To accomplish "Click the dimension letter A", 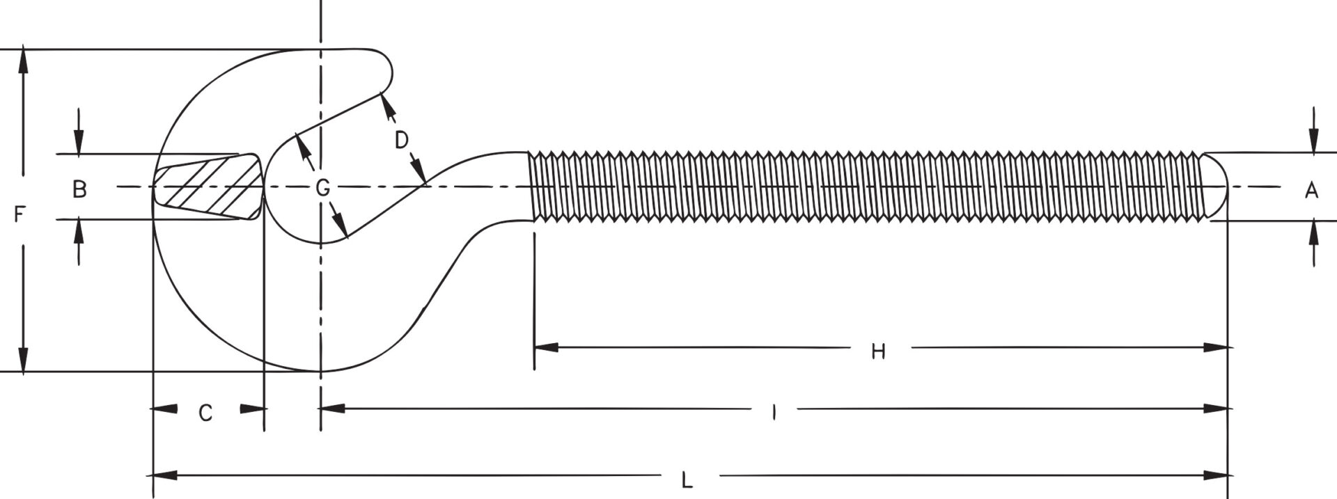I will [x=1311, y=189].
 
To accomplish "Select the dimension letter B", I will [x=80, y=189].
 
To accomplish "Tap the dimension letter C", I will [x=205, y=413].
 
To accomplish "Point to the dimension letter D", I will [x=401, y=141].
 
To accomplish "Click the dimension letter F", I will [x=19, y=215].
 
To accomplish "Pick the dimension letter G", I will [x=322, y=187].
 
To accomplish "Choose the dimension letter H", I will [x=878, y=351].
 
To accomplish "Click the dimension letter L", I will [x=687, y=481].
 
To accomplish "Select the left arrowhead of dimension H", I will [x=546, y=347].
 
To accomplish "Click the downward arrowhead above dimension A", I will [x=1313, y=142].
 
